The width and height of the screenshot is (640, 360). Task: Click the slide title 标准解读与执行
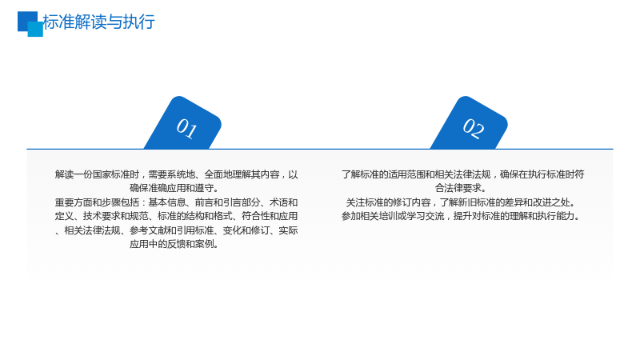(x=98, y=22)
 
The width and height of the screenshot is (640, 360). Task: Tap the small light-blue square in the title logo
(x=35, y=30)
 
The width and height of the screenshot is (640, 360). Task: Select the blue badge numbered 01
(x=182, y=123)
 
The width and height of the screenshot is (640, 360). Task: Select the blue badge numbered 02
(x=469, y=123)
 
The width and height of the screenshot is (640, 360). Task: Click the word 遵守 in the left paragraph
(x=204, y=189)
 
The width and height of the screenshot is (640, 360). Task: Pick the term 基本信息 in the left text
(x=166, y=202)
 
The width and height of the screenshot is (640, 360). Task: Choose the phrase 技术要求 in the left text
(x=102, y=216)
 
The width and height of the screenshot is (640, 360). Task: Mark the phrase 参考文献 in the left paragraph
(x=148, y=230)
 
